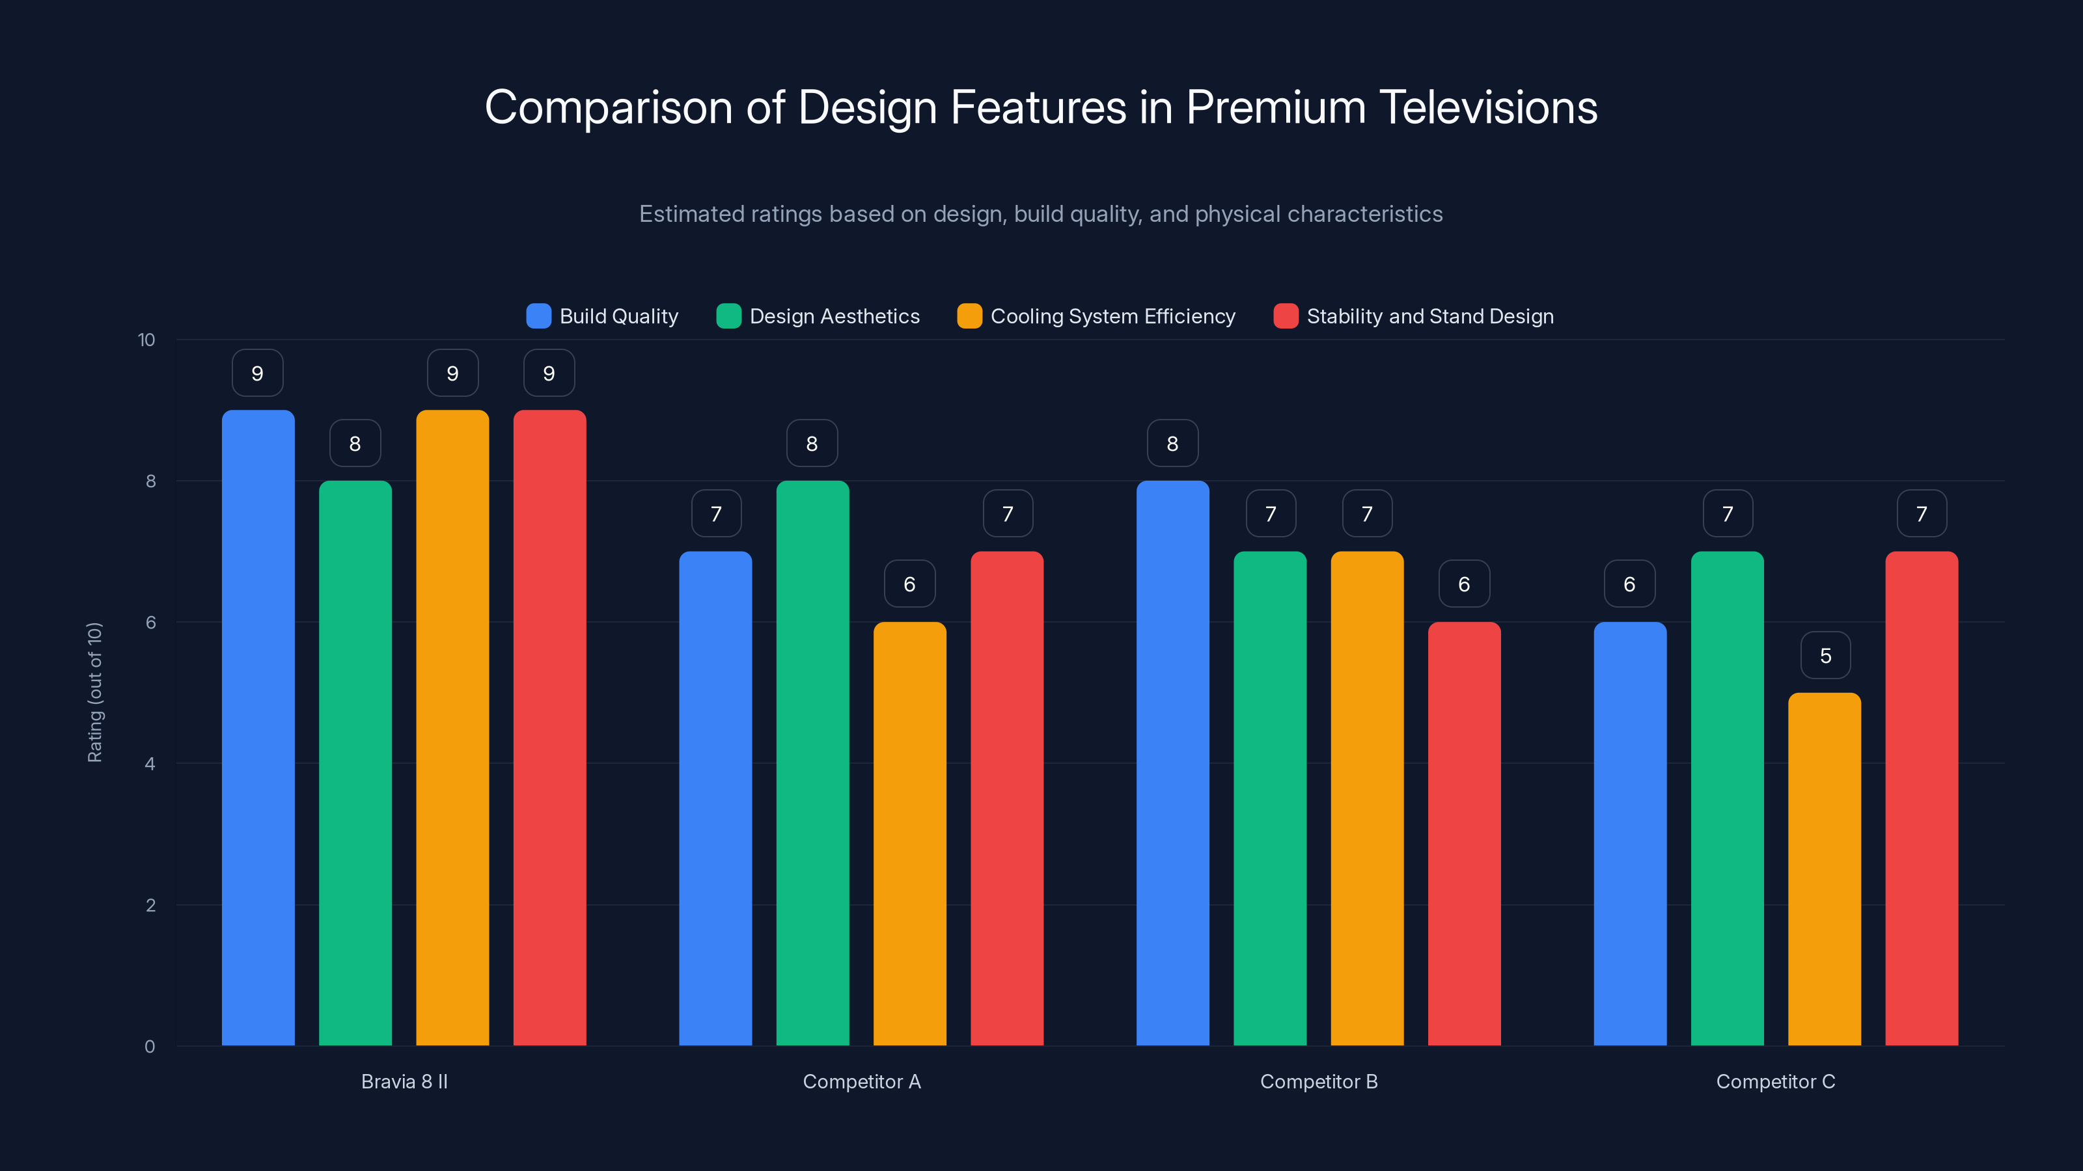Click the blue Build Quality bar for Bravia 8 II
pyautogui.click(x=258, y=727)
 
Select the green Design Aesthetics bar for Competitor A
pyautogui.click(x=812, y=763)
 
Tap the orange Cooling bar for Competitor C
pyautogui.click(x=1824, y=868)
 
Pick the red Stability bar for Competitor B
pyautogui.click(x=1463, y=833)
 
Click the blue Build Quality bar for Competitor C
pyautogui.click(x=1629, y=833)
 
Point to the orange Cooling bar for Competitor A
pyautogui.click(x=910, y=833)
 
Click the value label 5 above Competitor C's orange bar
pyautogui.click(x=1825, y=655)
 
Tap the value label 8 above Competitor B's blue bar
pyautogui.click(x=1172, y=443)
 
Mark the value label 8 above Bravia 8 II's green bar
pyautogui.click(x=355, y=443)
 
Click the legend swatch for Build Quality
pyautogui.click(x=538, y=316)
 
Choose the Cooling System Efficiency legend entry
pyautogui.click(x=1112, y=316)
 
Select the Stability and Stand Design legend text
pyautogui.click(x=1429, y=316)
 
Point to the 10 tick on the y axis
pyautogui.click(x=146, y=340)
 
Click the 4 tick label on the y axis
pyautogui.click(x=150, y=764)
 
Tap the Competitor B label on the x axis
pyautogui.click(x=1318, y=1081)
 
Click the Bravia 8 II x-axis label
pyautogui.click(x=404, y=1081)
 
